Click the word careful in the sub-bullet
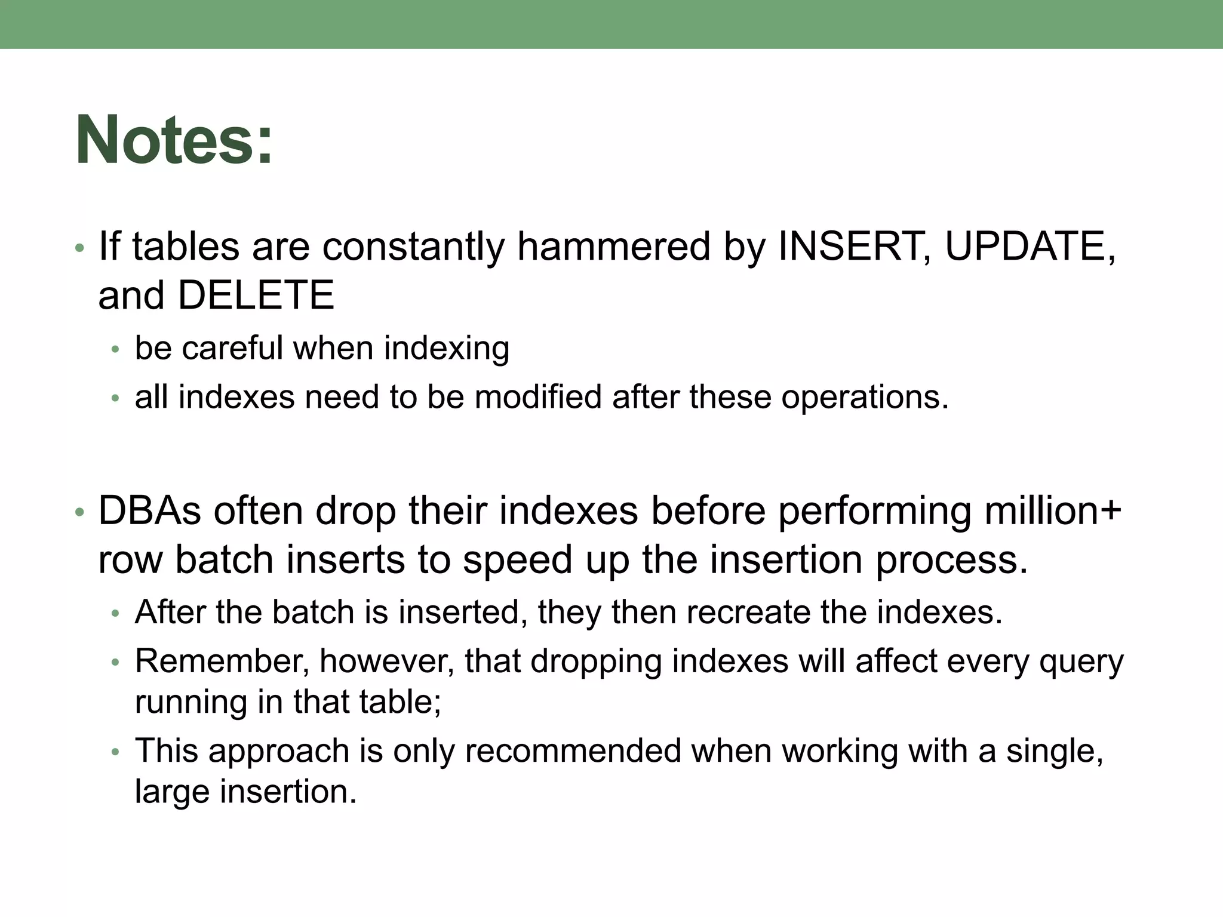pyautogui.click(x=232, y=348)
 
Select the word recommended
pyautogui.click(x=573, y=751)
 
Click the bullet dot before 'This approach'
pyautogui.click(x=116, y=752)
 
